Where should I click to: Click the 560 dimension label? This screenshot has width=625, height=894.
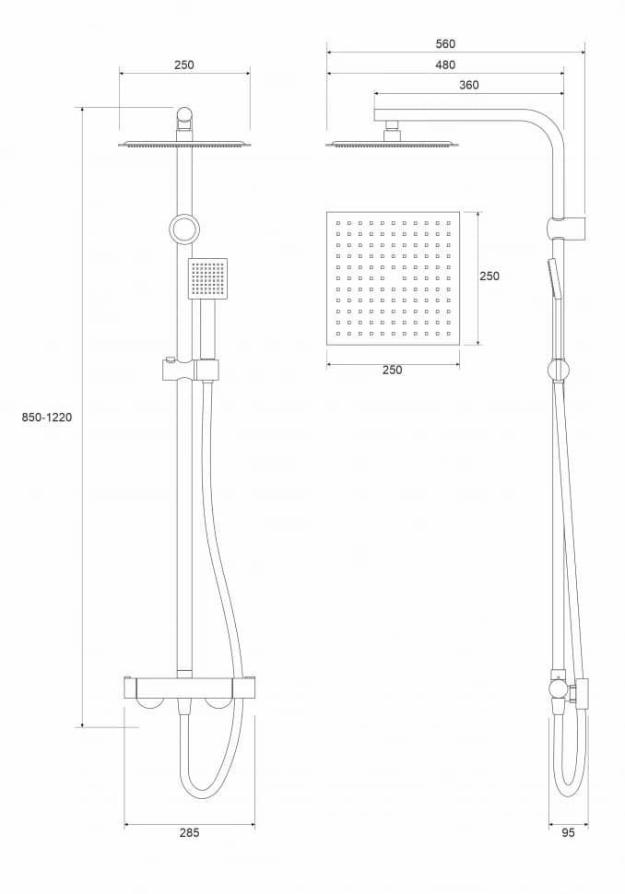[x=446, y=43]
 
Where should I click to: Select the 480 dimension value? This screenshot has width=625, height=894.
[x=446, y=65]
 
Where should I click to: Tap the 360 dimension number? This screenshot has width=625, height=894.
[x=468, y=85]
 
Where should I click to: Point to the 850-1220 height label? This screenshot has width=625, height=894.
[x=47, y=418]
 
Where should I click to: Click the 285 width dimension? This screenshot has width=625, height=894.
[x=189, y=832]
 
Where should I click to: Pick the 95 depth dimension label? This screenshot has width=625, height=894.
[x=568, y=832]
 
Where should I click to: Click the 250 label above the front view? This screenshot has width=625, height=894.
[x=184, y=65]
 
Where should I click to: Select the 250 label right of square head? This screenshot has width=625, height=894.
[x=489, y=276]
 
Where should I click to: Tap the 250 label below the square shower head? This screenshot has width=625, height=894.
[x=392, y=371]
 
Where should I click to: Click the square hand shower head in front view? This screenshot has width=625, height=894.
[x=207, y=278]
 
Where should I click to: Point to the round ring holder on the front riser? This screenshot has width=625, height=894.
[x=183, y=228]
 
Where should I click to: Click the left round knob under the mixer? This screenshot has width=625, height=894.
[x=147, y=701]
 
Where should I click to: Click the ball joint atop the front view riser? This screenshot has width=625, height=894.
[x=184, y=117]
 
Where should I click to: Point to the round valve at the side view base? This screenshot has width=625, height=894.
[x=558, y=689]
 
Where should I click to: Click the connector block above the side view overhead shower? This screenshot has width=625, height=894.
[x=393, y=131]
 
